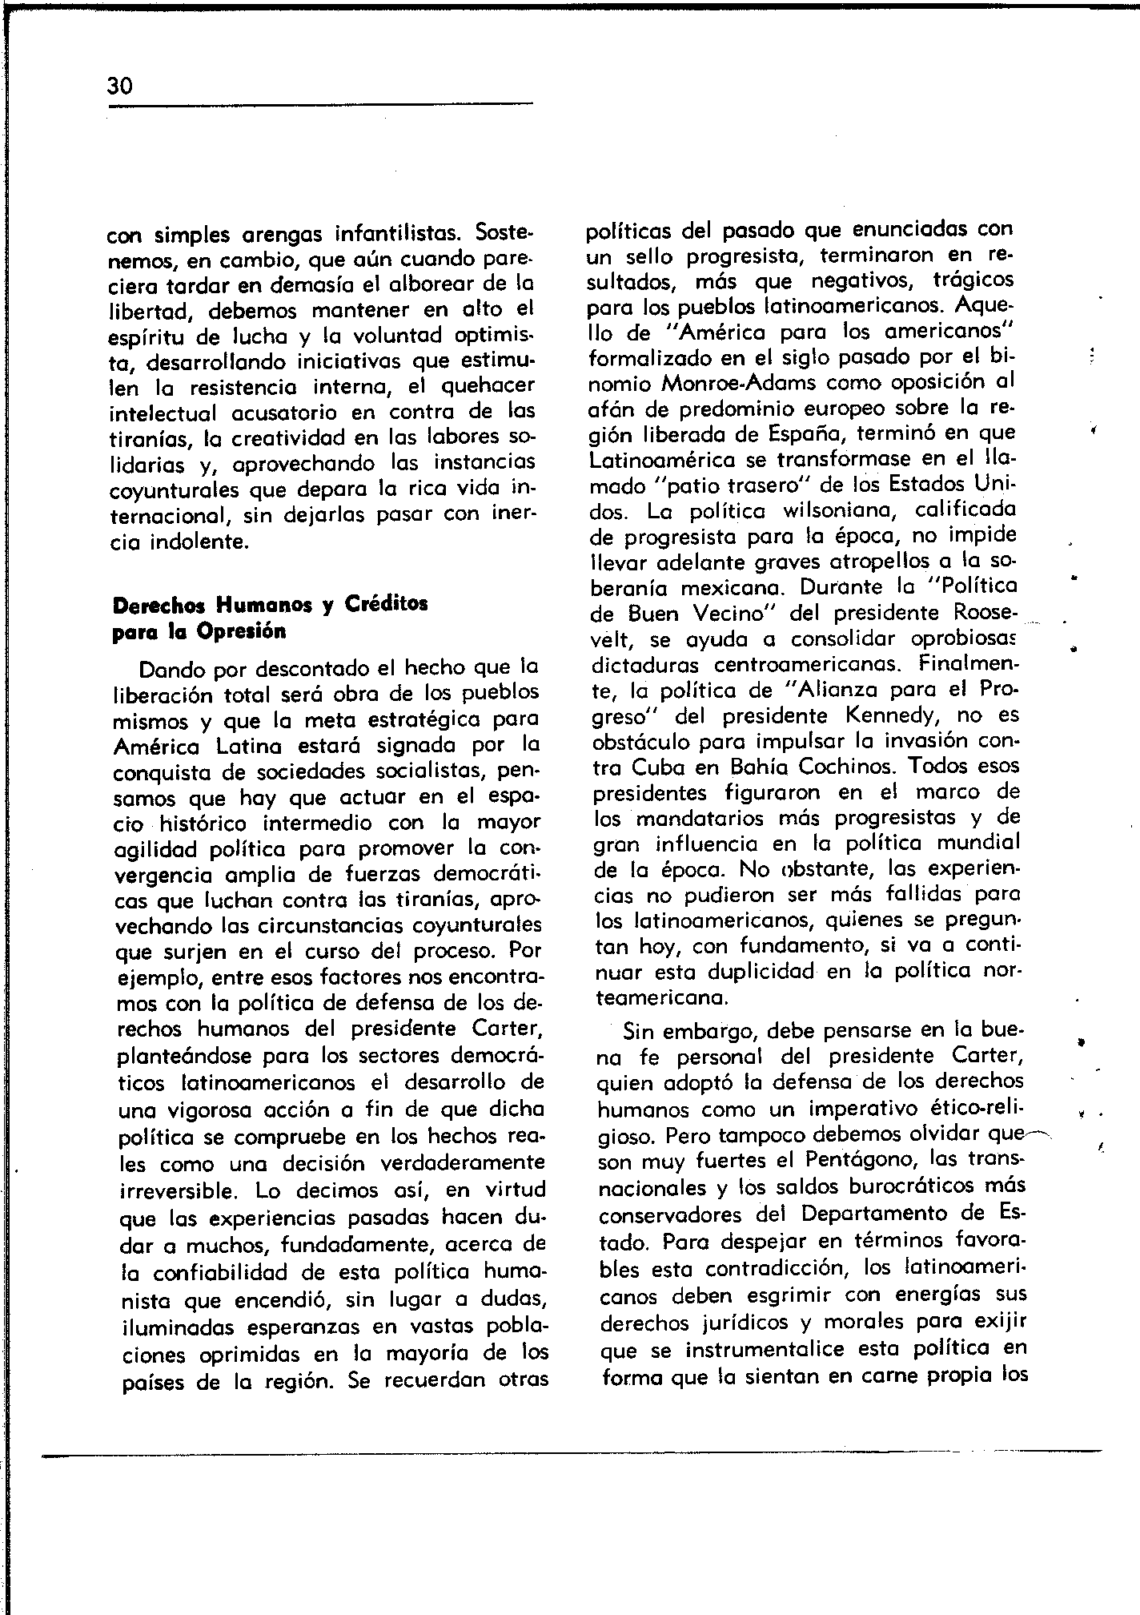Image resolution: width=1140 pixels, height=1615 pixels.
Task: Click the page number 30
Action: pos(119,86)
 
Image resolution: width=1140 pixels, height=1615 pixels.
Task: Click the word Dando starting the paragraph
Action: pos(163,668)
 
